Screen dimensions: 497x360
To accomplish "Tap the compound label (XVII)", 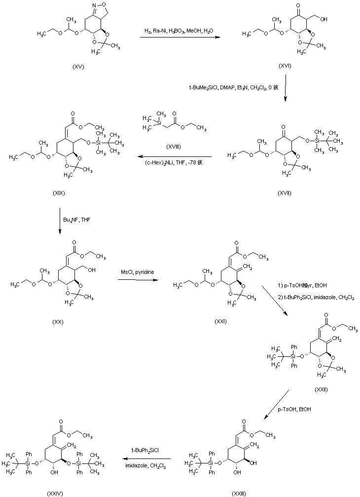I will [x=285, y=192].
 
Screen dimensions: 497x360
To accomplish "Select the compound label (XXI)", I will [x=220, y=321].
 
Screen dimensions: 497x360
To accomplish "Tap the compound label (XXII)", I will [x=322, y=389].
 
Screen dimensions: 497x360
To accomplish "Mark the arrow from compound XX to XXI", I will [x=137, y=281].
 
